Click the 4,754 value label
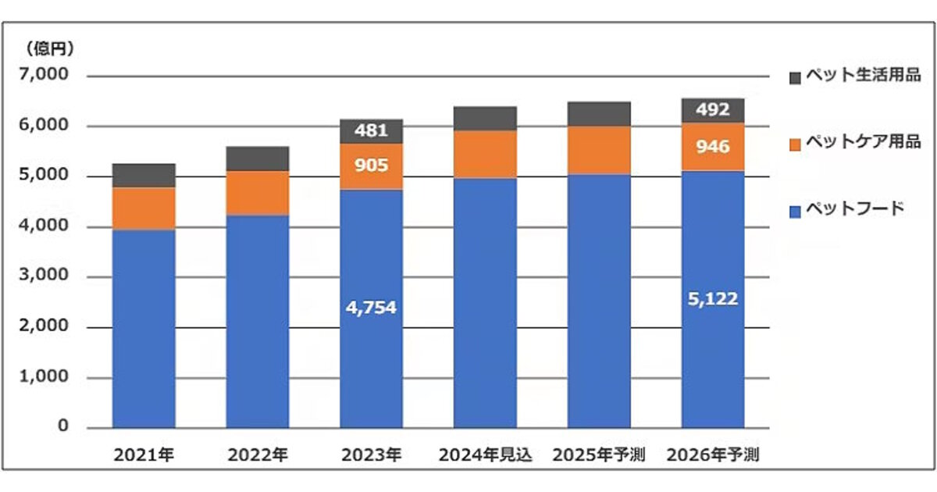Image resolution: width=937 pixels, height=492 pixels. (371, 308)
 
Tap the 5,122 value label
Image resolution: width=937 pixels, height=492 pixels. (712, 298)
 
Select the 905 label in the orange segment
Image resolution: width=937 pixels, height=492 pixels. (371, 166)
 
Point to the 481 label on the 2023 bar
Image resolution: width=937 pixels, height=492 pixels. (371, 130)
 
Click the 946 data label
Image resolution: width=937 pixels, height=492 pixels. (712, 145)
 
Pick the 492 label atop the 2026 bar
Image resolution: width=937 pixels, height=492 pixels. (712, 110)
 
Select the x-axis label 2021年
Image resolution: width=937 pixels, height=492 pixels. (143, 455)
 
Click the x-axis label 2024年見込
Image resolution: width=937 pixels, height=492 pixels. (485, 455)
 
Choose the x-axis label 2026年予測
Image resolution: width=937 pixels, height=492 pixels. (712, 455)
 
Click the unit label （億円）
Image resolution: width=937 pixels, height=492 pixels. (48, 49)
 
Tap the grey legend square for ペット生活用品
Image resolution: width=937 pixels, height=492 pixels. (795, 77)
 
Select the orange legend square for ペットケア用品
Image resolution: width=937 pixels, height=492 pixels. (795, 144)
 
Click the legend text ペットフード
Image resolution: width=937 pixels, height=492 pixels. (854, 209)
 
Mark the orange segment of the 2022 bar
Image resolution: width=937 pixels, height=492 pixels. (257, 192)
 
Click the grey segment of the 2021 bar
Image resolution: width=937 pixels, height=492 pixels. (143, 175)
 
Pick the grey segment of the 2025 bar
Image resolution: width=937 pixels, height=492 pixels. (598, 113)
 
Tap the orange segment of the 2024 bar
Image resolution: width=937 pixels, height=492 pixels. (485, 154)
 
